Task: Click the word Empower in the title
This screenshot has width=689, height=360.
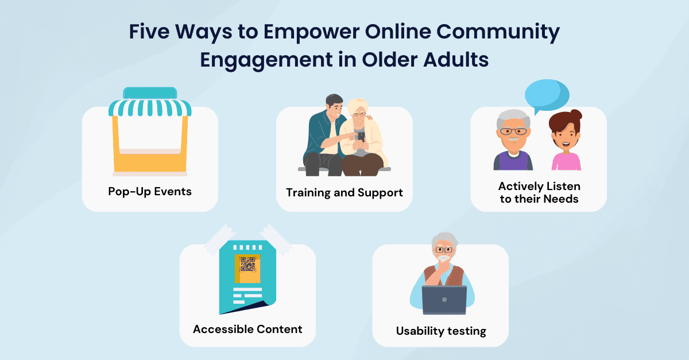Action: pyautogui.click(x=311, y=32)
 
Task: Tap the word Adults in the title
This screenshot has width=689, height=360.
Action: pyautogui.click(x=456, y=59)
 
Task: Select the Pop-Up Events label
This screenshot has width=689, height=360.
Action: pyautogui.click(x=150, y=192)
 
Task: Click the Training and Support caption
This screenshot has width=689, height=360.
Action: pyautogui.click(x=344, y=193)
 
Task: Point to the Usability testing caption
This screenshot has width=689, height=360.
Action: pyautogui.click(x=441, y=331)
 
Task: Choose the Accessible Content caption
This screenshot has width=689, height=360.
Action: pyautogui.click(x=247, y=329)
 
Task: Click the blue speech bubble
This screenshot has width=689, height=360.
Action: pyautogui.click(x=547, y=96)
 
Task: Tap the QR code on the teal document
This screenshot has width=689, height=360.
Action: pyautogui.click(x=247, y=264)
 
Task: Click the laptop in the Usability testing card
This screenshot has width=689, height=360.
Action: pyautogui.click(x=444, y=300)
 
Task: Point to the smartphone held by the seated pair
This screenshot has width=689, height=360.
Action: pyautogui.click(x=361, y=137)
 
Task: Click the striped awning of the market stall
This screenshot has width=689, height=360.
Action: pyautogui.click(x=150, y=107)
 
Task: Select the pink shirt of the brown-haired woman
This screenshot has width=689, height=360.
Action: pyautogui.click(x=566, y=161)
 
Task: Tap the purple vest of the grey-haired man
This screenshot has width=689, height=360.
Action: pyautogui.click(x=513, y=161)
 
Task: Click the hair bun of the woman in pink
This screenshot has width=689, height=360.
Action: pyautogui.click(x=576, y=115)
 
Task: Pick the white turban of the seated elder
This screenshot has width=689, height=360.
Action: pyautogui.click(x=358, y=105)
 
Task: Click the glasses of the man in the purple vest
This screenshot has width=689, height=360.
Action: pyautogui.click(x=513, y=131)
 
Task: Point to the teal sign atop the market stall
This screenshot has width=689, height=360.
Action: pyautogui.click(x=150, y=93)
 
